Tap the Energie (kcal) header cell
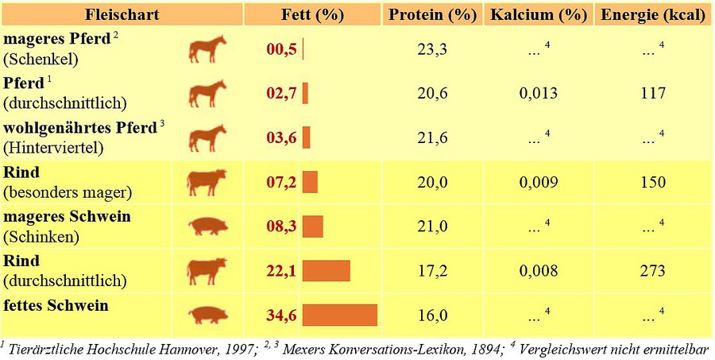[653, 15]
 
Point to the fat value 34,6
[281, 315]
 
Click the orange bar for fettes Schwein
[339, 315]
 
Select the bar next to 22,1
[327, 271]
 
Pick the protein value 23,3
[432, 50]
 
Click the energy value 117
[652, 94]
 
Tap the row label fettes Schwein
[56, 305]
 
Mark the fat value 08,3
[281, 227]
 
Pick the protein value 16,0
[432, 315]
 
